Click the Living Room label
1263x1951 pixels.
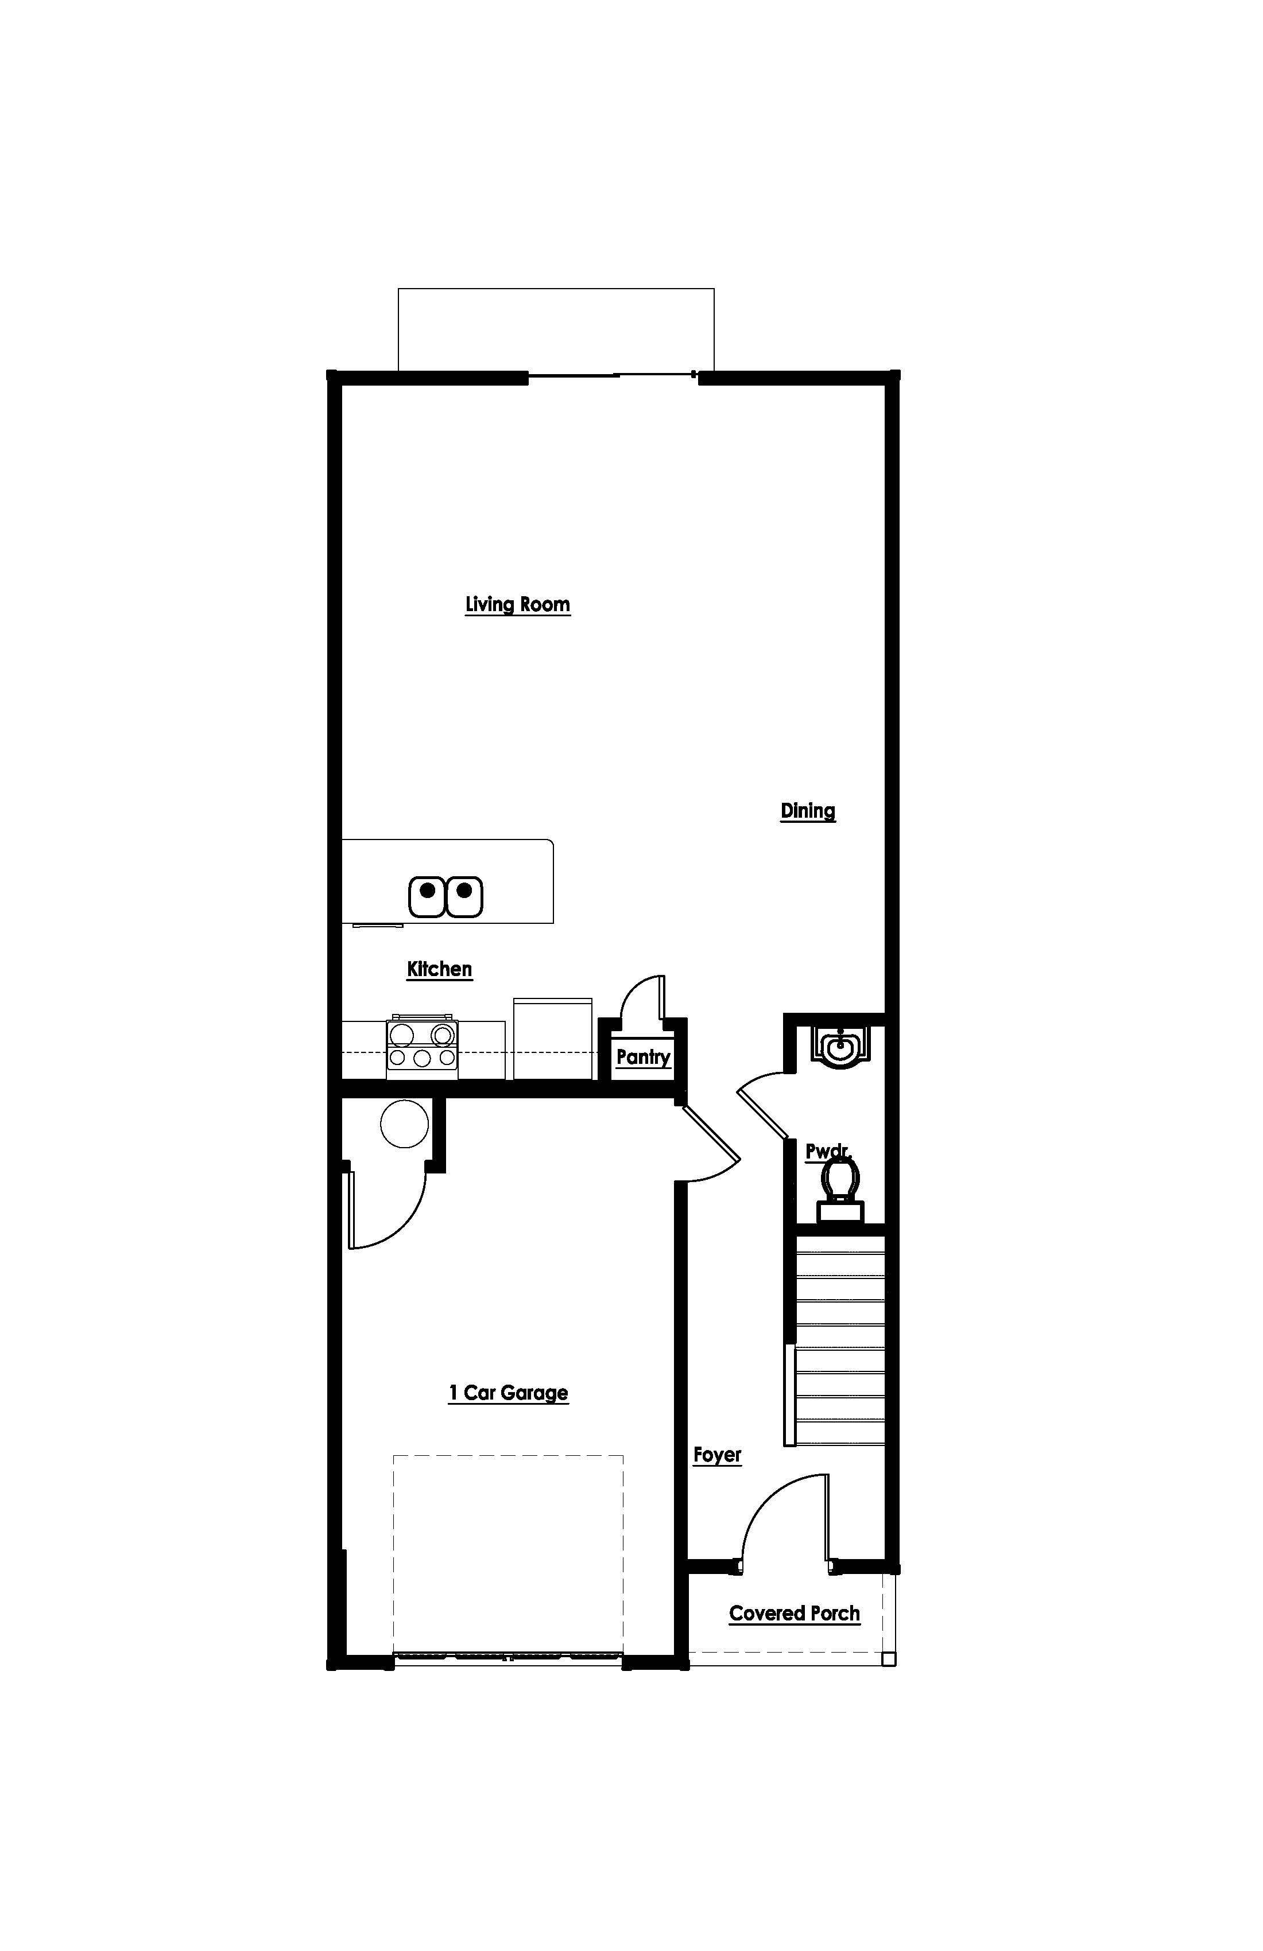517,604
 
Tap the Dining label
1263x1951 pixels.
807,811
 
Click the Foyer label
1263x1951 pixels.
717,1455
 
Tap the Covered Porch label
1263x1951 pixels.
794,1613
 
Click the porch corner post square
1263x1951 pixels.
888,1659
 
